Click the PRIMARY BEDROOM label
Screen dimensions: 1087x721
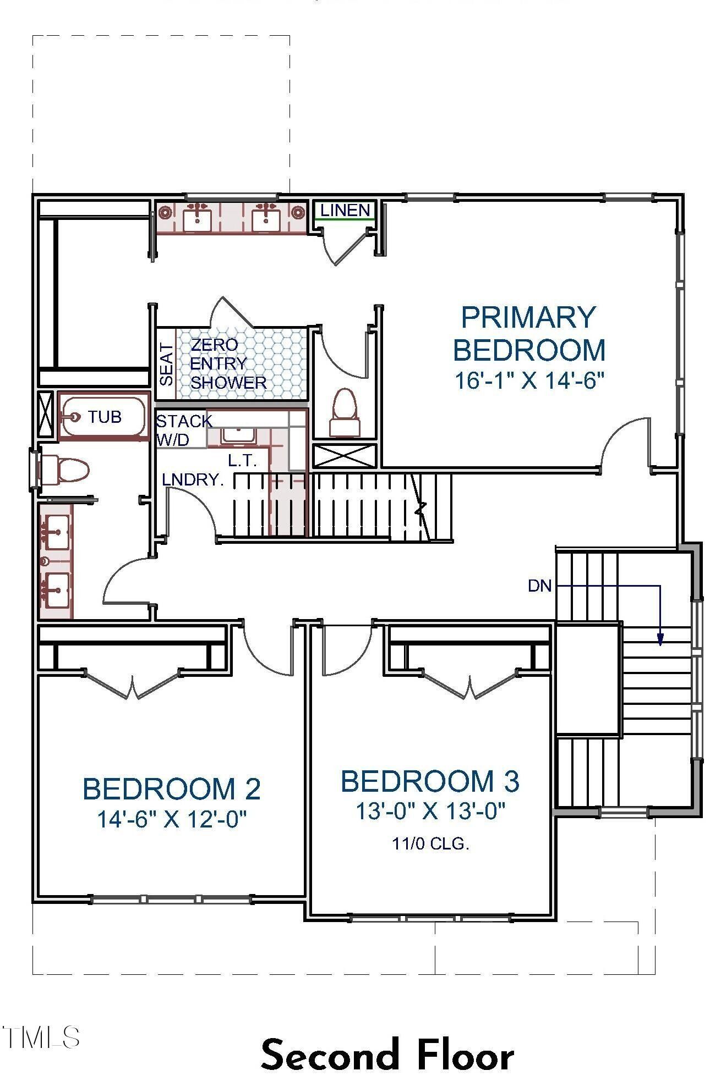528,334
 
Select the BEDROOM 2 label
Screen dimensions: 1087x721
171,789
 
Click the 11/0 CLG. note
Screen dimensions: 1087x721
430,843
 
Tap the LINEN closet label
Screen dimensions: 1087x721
345,210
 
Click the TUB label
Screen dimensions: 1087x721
105,417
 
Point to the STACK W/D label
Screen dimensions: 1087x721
182,430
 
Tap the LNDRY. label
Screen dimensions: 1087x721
193,479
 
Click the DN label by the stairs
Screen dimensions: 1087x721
539,586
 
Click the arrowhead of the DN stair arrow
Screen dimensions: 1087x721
660,639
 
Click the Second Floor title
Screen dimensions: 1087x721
387,1055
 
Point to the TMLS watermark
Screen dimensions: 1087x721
41,1037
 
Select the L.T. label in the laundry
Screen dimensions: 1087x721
243,461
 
